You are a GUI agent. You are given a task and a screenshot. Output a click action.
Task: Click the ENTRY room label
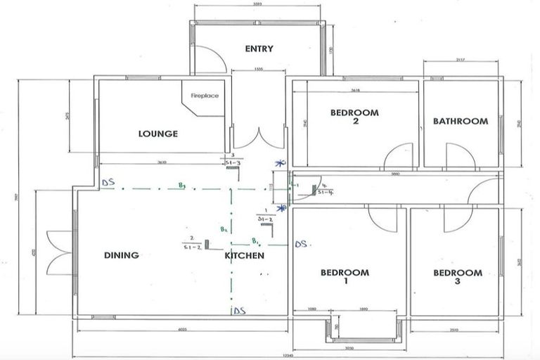[x=259, y=49]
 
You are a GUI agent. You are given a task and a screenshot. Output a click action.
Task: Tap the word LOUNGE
[x=157, y=134]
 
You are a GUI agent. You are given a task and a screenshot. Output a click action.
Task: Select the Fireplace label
[x=205, y=96]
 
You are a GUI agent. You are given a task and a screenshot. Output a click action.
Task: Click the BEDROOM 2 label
[x=354, y=116]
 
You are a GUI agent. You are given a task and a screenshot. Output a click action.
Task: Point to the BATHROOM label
[x=460, y=121]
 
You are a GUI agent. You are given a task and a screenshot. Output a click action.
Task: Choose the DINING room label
[x=121, y=255]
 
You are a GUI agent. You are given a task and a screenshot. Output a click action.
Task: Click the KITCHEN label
[x=244, y=255]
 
